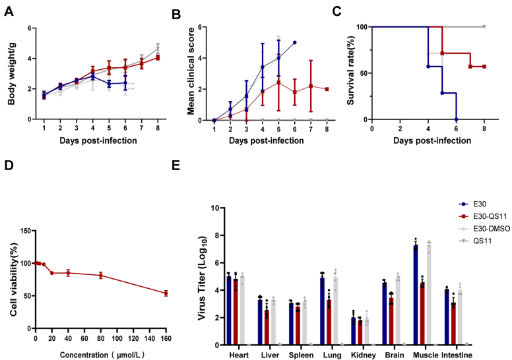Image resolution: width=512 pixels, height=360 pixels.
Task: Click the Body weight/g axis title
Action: (x=11, y=73)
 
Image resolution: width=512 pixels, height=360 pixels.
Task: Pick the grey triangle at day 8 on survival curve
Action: (x=484, y=27)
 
